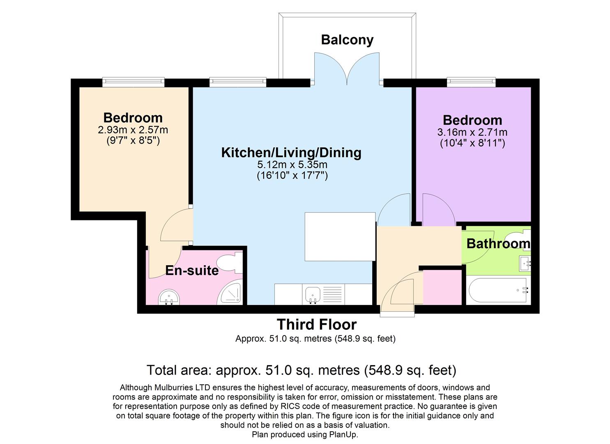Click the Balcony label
(x=347, y=40)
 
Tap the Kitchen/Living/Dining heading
(x=291, y=153)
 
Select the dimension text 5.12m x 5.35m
(x=292, y=164)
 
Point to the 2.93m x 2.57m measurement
(x=133, y=130)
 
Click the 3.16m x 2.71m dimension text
(x=472, y=132)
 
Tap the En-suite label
(x=192, y=271)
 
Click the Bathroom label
(x=498, y=244)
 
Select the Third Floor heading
(x=317, y=325)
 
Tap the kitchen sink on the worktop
(x=312, y=295)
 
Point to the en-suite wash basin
(x=169, y=297)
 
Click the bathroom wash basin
(x=525, y=263)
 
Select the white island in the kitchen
(x=340, y=236)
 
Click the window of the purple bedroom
(x=471, y=82)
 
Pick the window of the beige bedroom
(x=134, y=82)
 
